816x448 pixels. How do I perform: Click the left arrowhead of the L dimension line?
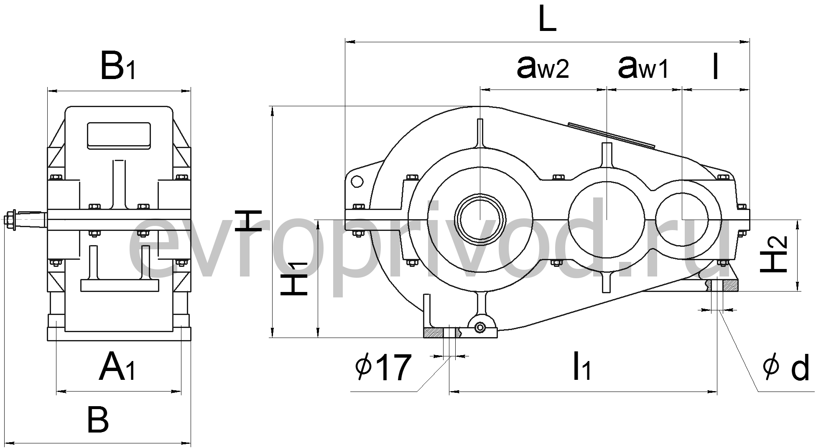click(x=350, y=42)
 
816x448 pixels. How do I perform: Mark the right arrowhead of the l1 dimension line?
click(x=712, y=392)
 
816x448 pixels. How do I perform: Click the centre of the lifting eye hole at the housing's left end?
click(x=357, y=181)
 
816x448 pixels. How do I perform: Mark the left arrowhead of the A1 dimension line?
click(x=61, y=392)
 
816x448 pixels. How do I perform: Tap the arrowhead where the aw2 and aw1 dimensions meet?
click(x=606, y=89)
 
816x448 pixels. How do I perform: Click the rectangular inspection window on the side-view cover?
click(x=119, y=136)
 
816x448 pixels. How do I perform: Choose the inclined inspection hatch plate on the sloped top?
click(x=611, y=135)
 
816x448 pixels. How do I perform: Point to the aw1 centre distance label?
click(x=643, y=67)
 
